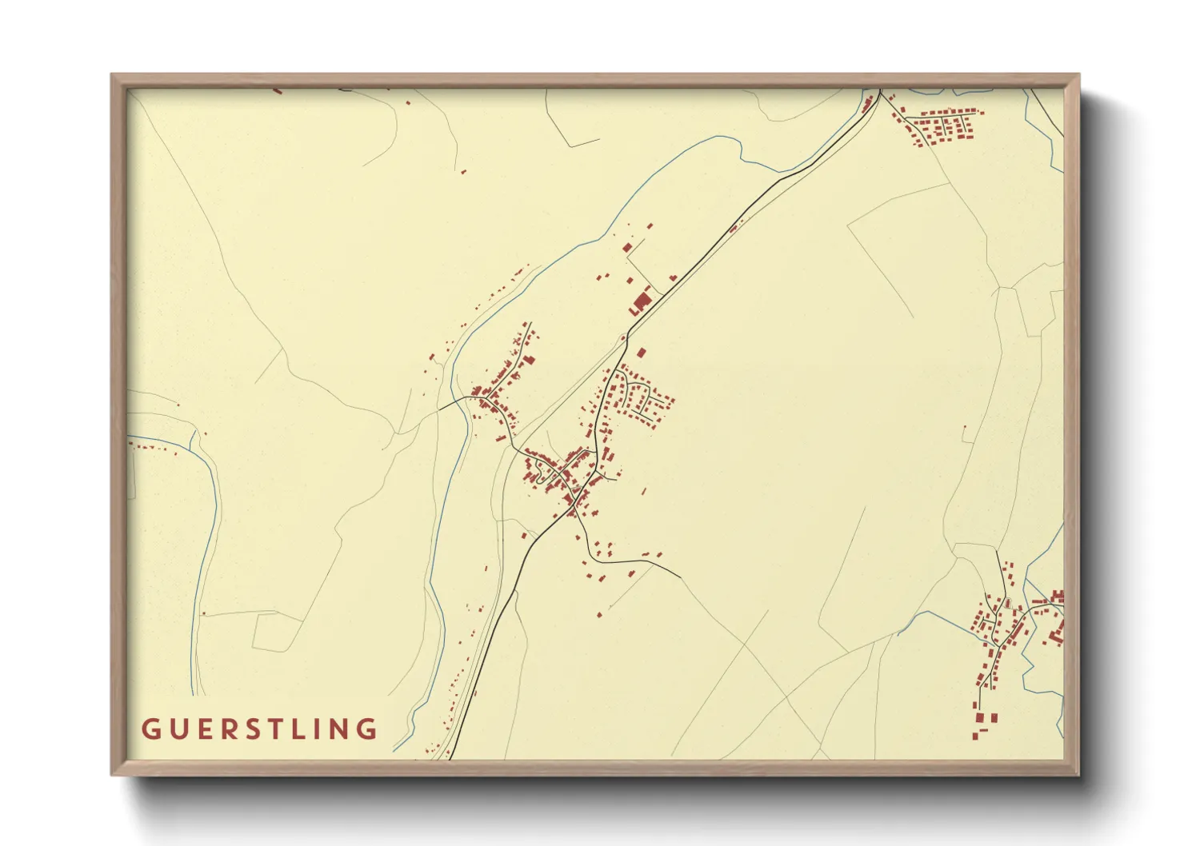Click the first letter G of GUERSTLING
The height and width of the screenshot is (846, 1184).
pos(150,729)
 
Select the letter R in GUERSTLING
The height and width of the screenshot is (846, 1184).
pos(231,729)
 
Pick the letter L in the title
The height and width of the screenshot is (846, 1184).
pos(308,729)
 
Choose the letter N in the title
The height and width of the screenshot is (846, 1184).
pos(345,729)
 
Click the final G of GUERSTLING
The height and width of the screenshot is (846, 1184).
pos(370,729)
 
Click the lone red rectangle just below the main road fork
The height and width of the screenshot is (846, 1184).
pos(641,352)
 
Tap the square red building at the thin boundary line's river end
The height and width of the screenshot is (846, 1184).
pos(627,247)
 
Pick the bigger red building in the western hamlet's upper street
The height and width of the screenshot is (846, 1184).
pos(528,359)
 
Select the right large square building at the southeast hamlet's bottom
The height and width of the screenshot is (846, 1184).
pos(994,717)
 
